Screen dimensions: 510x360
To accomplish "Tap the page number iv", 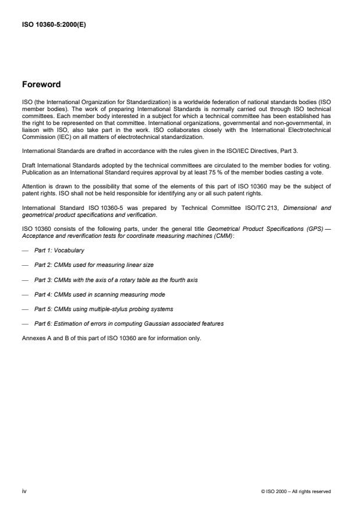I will click(x=24, y=491).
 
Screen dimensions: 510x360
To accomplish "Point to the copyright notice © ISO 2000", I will click(x=296, y=492).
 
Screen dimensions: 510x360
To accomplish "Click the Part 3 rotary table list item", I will click(x=116, y=280).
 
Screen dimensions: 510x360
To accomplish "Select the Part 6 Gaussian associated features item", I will click(x=129, y=324).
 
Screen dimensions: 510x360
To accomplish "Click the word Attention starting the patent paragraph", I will click(x=34, y=187).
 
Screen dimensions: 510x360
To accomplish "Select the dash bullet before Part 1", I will click(x=24, y=250).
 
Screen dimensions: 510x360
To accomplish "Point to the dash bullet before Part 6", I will click(x=24, y=324).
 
